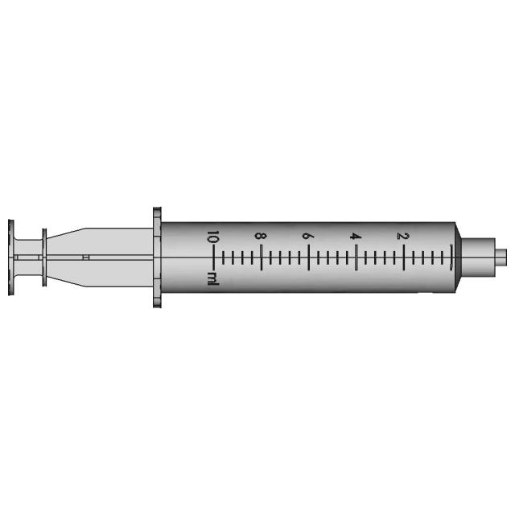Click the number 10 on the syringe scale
(212, 238)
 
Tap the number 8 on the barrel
(259, 236)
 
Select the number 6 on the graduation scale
(307, 236)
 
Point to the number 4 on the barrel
(354, 236)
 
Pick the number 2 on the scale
(402, 236)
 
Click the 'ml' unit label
(212, 278)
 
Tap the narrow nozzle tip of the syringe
(502, 257)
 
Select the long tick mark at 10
(214, 257)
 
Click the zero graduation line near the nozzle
(452, 257)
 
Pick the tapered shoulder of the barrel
(462, 257)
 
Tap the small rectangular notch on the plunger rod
(86, 257)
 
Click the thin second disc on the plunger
(43, 257)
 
